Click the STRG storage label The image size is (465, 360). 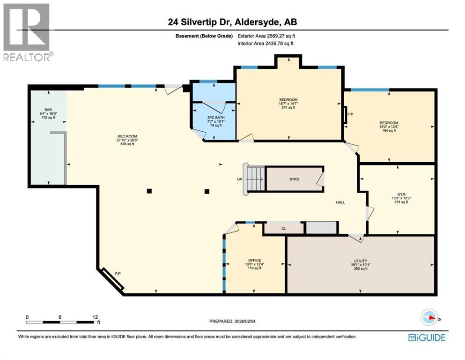[294, 179]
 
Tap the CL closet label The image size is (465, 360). [284, 229]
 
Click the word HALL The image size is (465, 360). [340, 202]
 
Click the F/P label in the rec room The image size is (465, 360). [118, 273]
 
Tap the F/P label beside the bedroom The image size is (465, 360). [350, 114]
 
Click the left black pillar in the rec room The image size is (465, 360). [148, 191]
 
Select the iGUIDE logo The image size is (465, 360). [426, 337]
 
